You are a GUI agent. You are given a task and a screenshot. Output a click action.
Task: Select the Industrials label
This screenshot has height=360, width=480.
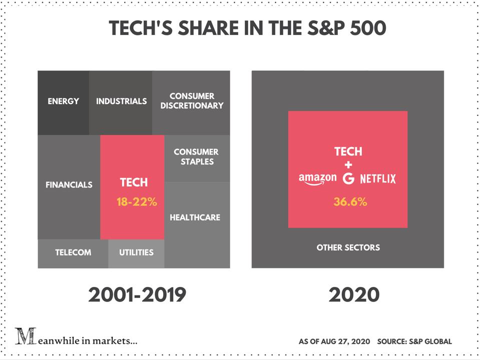pos(121,101)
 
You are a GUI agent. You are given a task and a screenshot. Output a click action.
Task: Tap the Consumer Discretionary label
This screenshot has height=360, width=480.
pos(192,101)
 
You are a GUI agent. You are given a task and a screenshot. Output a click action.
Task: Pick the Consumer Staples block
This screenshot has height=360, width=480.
pos(197,157)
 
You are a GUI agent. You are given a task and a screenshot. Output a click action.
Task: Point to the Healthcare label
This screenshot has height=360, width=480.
pos(195,217)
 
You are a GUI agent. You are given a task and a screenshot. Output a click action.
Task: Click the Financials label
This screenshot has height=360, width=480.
pos(69,184)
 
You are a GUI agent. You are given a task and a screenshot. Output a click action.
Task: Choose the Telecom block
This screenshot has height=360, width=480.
pos(73,252)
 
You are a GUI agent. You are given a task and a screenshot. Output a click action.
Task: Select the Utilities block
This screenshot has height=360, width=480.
pos(136,252)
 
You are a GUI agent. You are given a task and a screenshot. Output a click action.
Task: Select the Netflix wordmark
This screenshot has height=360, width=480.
pos(378,178)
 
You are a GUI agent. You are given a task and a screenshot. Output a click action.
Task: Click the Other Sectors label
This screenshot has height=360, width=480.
pos(348,247)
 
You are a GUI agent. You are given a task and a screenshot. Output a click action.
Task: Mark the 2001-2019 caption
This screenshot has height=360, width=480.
pos(137,295)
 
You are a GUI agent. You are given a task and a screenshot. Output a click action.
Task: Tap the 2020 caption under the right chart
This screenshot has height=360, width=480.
pos(354,295)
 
